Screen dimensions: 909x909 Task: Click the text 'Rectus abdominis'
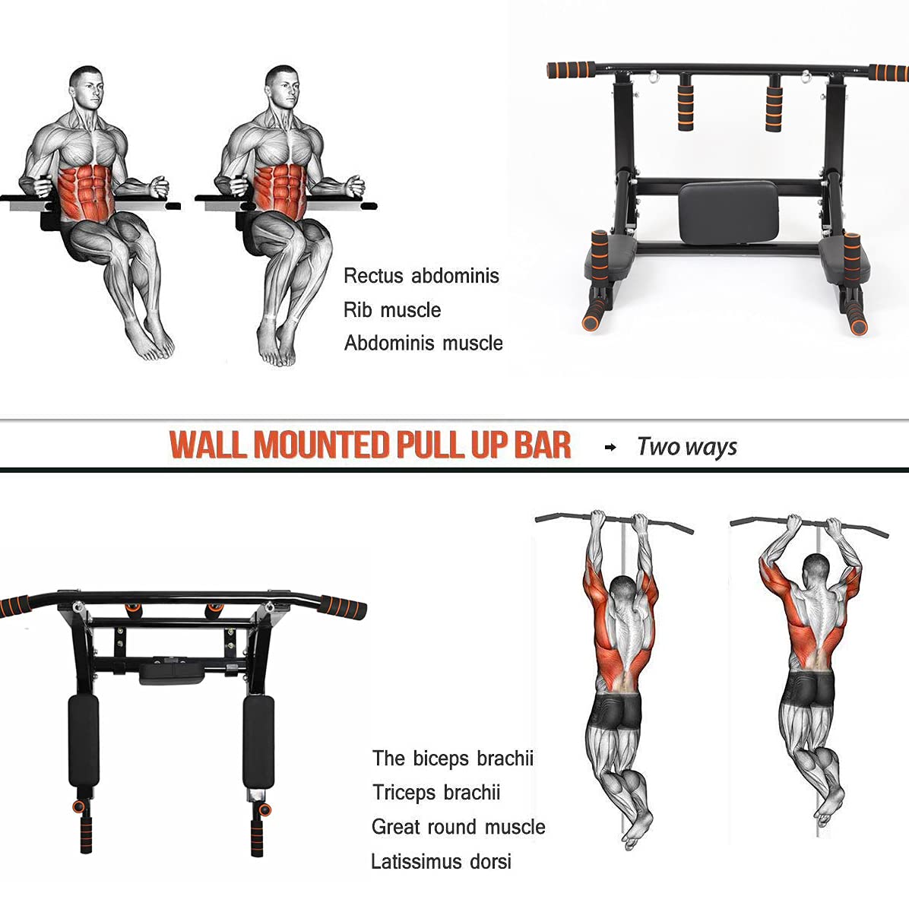coord(422,275)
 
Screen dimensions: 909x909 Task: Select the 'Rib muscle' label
coord(392,309)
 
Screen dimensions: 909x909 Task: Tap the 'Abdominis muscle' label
coord(424,343)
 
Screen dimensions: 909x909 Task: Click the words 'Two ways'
coord(687,447)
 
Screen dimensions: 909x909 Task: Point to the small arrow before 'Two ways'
coord(610,447)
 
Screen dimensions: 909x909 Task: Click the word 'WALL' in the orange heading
coord(207,445)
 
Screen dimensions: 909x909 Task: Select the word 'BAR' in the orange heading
coord(542,445)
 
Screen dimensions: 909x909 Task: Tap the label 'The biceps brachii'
coord(453,759)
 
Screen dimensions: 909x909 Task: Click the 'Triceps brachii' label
coord(436,792)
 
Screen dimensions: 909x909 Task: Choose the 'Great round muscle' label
coord(458,826)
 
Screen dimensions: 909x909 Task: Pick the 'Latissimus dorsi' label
coord(441,861)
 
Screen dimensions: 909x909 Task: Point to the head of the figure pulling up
coord(816,571)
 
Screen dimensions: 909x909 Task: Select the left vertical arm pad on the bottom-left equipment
coord(84,741)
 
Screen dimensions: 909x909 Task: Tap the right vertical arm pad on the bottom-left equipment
coord(258,741)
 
